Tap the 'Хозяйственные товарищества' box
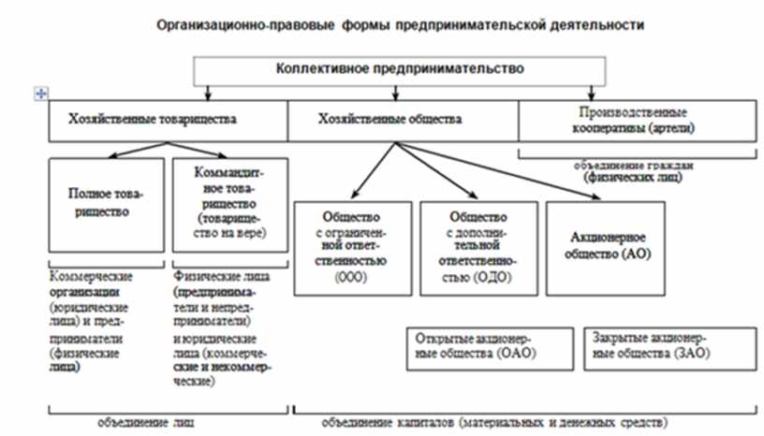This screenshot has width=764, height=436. click(169, 120)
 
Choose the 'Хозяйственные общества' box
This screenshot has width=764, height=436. click(402, 120)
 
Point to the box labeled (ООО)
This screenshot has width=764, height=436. click(352, 246)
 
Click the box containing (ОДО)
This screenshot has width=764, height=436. click(477, 246)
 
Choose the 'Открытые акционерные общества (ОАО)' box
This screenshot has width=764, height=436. click(485, 344)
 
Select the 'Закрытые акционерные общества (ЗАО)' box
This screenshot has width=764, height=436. click(656, 344)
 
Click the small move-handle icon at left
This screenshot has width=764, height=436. click(39, 93)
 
